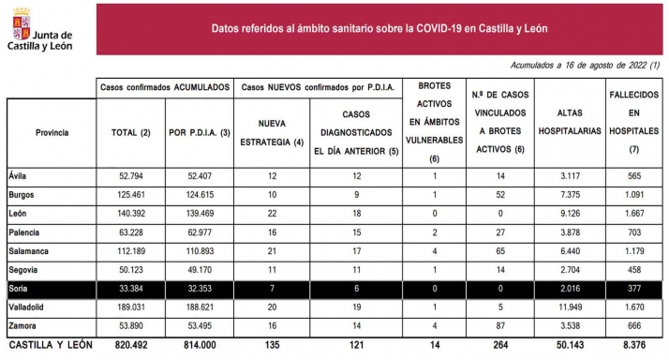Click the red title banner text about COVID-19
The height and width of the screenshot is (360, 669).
[x=379, y=28]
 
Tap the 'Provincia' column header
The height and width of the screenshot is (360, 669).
[x=52, y=132]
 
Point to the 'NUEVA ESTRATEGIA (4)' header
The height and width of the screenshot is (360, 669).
[x=271, y=132]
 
